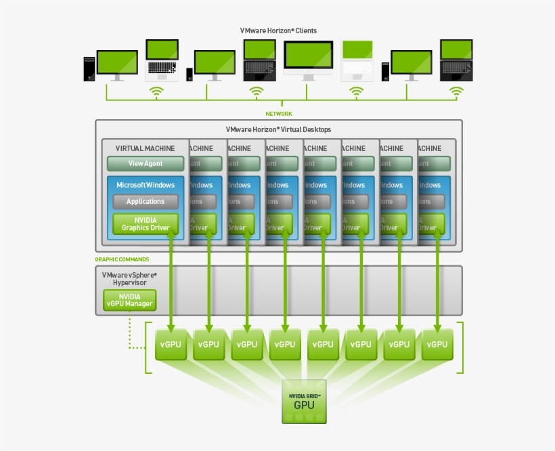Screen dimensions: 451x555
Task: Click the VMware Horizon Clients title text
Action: click(x=278, y=30)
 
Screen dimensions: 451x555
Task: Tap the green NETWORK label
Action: click(x=278, y=114)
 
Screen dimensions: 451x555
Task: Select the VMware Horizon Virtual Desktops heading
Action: click(x=278, y=129)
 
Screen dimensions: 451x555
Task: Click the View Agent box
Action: click(x=145, y=163)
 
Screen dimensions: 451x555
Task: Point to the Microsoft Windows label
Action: click(x=145, y=185)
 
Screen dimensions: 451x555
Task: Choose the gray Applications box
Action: click(x=145, y=201)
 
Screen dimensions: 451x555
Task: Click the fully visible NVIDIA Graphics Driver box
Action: click(x=145, y=224)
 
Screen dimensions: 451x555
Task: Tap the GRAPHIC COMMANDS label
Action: click(x=122, y=259)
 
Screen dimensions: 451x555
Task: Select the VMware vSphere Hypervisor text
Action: click(x=129, y=278)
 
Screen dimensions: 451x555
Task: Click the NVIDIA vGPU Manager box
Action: click(x=129, y=300)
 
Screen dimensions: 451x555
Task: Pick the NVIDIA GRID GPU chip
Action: click(x=304, y=402)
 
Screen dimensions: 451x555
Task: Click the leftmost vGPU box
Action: click(x=171, y=344)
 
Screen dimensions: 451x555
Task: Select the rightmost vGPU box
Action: click(x=437, y=344)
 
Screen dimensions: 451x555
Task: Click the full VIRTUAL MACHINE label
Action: click(x=145, y=148)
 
